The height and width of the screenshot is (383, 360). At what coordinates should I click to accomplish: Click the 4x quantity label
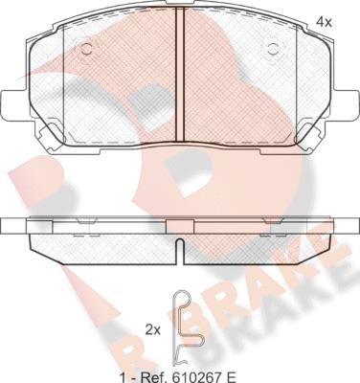[324, 22]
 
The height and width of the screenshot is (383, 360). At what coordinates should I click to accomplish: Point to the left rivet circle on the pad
[86, 49]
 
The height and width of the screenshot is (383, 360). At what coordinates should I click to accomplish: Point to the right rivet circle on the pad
[273, 49]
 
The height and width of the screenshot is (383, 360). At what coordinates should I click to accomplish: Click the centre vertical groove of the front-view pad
[180, 75]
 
